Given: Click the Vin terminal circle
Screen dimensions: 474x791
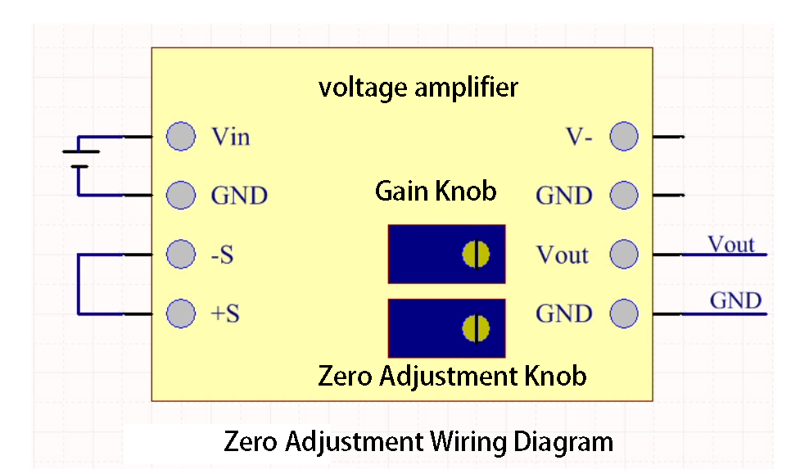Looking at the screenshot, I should pyautogui.click(x=181, y=136).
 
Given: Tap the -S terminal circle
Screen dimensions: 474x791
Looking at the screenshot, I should pyautogui.click(x=181, y=255).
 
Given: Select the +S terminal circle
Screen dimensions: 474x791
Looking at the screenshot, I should pyautogui.click(x=181, y=313).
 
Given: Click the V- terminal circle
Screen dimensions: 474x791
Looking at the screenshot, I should pyautogui.click(x=624, y=137).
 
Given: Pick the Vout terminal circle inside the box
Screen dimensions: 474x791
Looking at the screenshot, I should pyautogui.click(x=624, y=255).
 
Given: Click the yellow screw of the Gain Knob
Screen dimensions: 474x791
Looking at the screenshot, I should pyautogui.click(x=476, y=254).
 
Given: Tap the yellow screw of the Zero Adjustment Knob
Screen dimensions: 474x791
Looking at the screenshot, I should pyautogui.click(x=476, y=328).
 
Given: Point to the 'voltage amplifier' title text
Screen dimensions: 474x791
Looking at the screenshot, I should pyautogui.click(x=418, y=87).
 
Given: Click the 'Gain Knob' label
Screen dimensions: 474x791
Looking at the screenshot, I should pyautogui.click(x=436, y=192).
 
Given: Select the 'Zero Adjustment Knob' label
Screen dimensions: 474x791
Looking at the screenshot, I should pyautogui.click(x=452, y=377).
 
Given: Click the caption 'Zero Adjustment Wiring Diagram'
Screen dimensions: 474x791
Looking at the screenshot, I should pyautogui.click(x=418, y=442).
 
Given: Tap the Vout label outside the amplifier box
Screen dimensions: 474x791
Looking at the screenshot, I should pyautogui.click(x=731, y=244).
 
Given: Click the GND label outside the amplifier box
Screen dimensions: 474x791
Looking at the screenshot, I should pyautogui.click(x=735, y=300).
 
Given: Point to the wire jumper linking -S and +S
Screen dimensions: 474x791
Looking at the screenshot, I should pyautogui.click(x=79, y=284).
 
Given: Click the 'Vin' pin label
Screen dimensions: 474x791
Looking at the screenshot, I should pyautogui.click(x=230, y=136).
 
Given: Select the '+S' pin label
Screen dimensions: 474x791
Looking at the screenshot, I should pyautogui.click(x=225, y=314).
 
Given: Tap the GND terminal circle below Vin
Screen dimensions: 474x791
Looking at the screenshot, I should pyautogui.click(x=181, y=196).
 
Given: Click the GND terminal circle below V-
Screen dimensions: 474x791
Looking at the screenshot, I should pyautogui.click(x=624, y=196).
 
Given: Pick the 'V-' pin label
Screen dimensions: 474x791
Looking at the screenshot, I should pyautogui.click(x=580, y=137).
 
